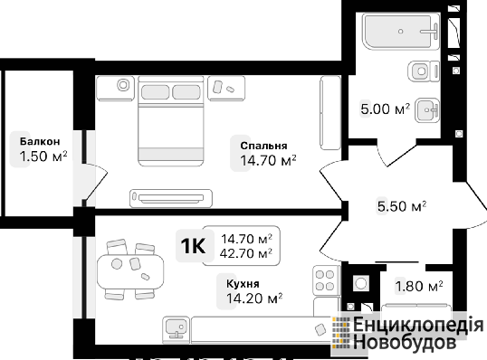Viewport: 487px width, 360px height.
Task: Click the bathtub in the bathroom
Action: (x=401, y=31)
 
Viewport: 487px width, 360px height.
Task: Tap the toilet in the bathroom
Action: (x=424, y=71)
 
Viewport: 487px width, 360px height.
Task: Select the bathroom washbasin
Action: (x=427, y=109)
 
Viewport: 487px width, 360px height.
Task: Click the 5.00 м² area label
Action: (x=385, y=109)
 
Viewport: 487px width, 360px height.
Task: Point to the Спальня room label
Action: (x=263, y=146)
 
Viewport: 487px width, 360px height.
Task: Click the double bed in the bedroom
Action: (x=170, y=121)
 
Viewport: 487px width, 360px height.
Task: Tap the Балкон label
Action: (x=40, y=141)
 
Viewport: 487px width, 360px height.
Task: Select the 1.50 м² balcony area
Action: (x=43, y=156)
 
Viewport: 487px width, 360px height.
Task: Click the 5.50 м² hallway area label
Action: (x=402, y=206)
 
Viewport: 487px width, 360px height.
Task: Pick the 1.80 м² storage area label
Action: (x=419, y=286)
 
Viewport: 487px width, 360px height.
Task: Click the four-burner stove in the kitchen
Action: (x=325, y=280)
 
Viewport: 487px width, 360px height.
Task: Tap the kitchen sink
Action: (x=176, y=330)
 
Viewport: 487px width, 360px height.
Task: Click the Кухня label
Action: (x=243, y=284)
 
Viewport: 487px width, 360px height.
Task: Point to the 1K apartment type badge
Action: (x=193, y=245)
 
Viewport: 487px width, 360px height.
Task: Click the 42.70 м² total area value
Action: (x=246, y=253)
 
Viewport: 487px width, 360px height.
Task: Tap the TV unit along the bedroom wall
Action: (x=171, y=198)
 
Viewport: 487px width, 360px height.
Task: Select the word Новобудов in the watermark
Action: (x=405, y=342)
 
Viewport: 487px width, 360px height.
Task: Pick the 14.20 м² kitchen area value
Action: (x=254, y=298)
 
